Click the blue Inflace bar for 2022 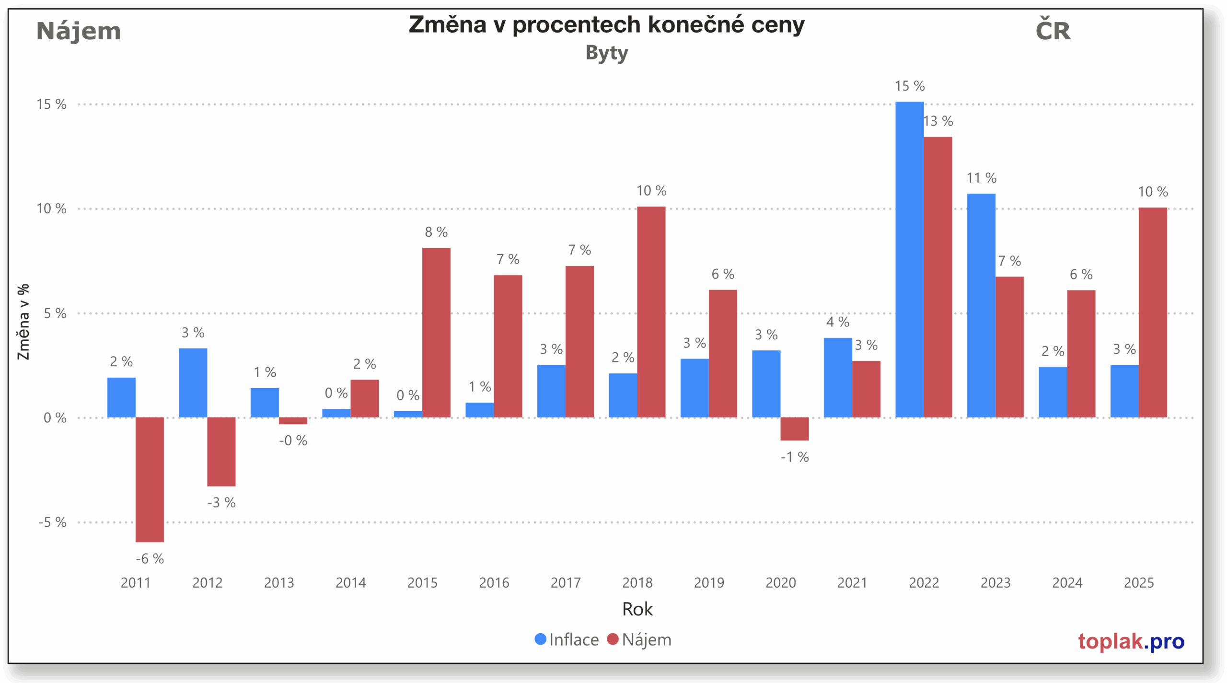pos(909,259)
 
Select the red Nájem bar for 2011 pos(150,479)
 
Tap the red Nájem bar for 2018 pos(651,312)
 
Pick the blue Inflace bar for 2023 pos(981,305)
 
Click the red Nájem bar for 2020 pos(794,428)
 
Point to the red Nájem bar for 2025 pos(1153,312)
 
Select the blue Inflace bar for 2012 pos(193,382)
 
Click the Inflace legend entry pos(567,639)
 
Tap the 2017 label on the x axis pos(566,582)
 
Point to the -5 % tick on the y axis pos(52,522)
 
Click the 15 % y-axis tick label pos(51,104)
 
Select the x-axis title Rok pos(637,609)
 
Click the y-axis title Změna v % pos(23,321)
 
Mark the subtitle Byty pos(606,53)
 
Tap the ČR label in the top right pos(1053,31)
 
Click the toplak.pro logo pos(1131,641)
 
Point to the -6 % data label pos(150,558)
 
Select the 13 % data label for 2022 pos(938,121)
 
